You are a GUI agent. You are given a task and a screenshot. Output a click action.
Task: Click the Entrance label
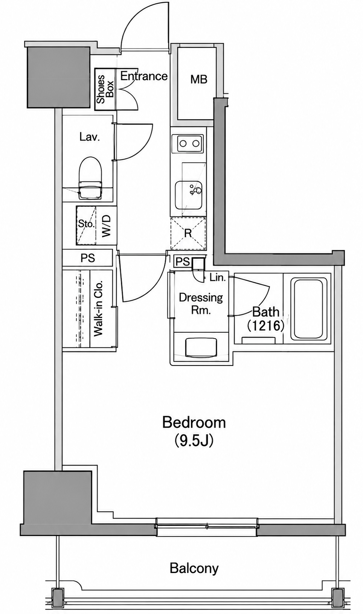pyautogui.click(x=144, y=76)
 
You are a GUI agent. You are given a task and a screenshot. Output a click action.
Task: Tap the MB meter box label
pyautogui.click(x=199, y=79)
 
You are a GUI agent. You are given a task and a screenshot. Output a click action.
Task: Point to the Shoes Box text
pyautogui.click(x=105, y=89)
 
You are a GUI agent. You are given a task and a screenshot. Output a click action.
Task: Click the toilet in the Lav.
pyautogui.click(x=90, y=178)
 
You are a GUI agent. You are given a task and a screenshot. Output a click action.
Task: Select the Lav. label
pyautogui.click(x=89, y=137)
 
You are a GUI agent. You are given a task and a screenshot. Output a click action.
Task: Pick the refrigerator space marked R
pyautogui.click(x=188, y=233)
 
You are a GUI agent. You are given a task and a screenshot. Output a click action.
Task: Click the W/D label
pyautogui.click(x=107, y=225)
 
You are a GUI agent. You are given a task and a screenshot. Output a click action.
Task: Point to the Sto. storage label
pyautogui.click(x=86, y=224)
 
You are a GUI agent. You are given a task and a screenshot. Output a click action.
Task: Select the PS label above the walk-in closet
pyautogui.click(x=88, y=258)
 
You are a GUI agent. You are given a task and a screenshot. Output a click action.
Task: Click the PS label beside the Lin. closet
pyautogui.click(x=183, y=262)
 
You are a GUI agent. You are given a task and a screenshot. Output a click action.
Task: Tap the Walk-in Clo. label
pyautogui.click(x=98, y=308)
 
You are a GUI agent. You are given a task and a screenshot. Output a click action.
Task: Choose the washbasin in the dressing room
pyautogui.click(x=201, y=348)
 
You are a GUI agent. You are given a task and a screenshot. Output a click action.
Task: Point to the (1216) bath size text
pyautogui.click(x=265, y=326)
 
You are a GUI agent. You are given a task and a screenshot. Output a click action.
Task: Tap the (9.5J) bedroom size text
pyautogui.click(x=194, y=441)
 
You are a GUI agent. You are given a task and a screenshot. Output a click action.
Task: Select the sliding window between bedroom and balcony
pyautogui.click(x=207, y=526)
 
